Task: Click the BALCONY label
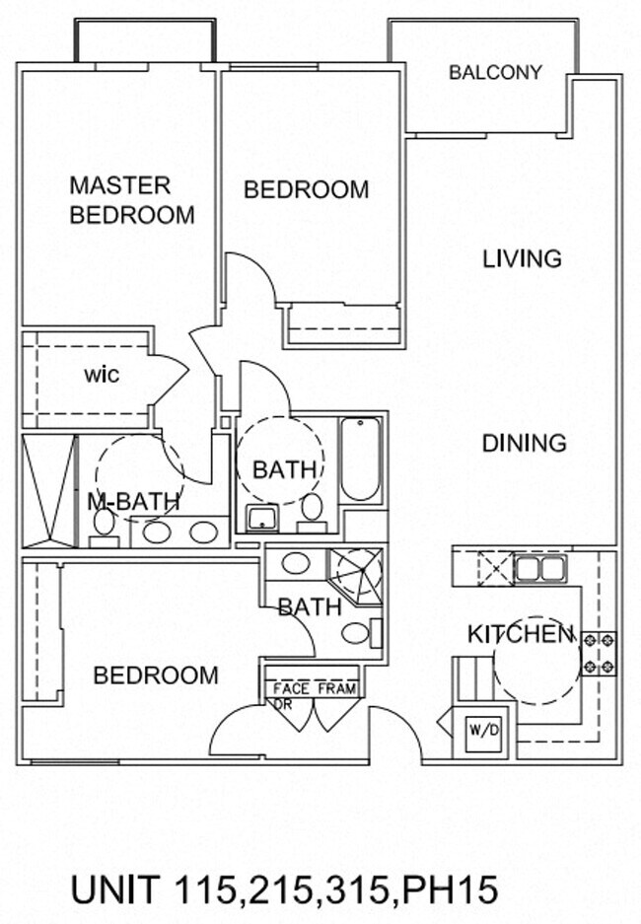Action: (495, 73)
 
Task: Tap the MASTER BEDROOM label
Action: (132, 200)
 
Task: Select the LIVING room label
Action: (522, 258)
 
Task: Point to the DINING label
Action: (525, 443)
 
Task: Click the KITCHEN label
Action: (521, 634)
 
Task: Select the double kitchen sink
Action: (540, 570)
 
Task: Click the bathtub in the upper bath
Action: (360, 460)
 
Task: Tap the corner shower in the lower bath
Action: (356, 575)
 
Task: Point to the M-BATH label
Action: (133, 502)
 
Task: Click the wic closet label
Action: (102, 375)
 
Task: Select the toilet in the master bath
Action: (105, 528)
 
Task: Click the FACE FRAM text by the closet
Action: (315, 688)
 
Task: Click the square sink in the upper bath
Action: (262, 518)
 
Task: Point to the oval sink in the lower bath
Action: (296, 563)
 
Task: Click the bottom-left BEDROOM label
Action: (156, 675)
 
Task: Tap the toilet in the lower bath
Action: (361, 633)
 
